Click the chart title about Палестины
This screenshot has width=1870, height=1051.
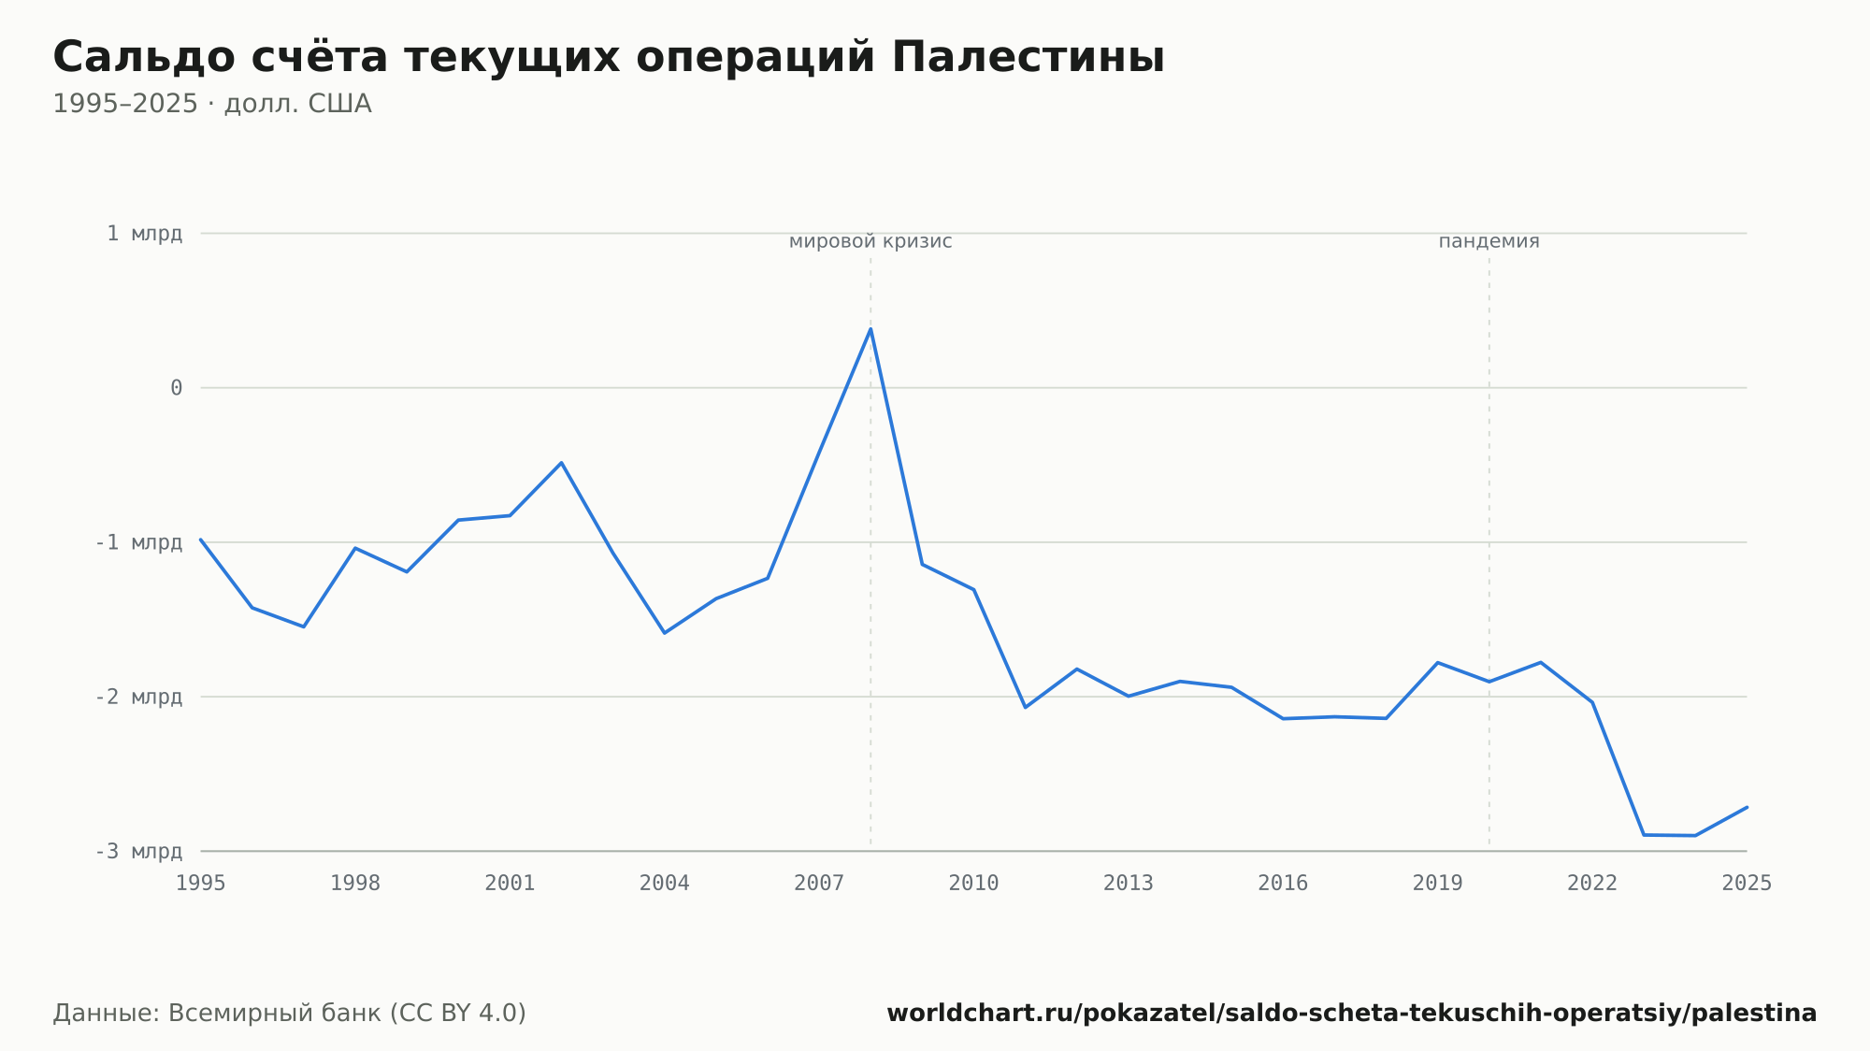(609, 57)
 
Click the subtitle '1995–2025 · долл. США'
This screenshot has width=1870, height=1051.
(212, 104)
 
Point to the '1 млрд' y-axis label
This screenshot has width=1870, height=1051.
(144, 234)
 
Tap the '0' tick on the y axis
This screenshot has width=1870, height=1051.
(176, 388)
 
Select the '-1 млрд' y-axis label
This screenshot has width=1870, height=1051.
(138, 542)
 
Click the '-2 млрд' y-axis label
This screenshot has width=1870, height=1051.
(138, 697)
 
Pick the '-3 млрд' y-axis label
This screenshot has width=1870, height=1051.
(138, 851)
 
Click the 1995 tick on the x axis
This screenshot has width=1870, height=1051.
(201, 884)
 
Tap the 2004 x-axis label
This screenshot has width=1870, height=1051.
(665, 884)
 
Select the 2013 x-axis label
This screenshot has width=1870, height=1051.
(1129, 884)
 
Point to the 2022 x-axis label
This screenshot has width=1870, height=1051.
(1592, 884)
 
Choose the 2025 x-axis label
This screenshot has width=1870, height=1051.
(1747, 884)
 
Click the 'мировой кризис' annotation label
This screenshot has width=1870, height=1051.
(870, 241)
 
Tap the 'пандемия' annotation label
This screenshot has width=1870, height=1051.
(1489, 241)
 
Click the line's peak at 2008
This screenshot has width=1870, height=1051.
(870, 328)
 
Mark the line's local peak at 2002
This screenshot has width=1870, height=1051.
(561, 463)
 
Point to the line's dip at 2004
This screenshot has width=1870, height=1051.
(664, 633)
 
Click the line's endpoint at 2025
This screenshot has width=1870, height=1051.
(1747, 807)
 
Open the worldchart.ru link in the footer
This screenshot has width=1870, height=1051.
(1352, 1014)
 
